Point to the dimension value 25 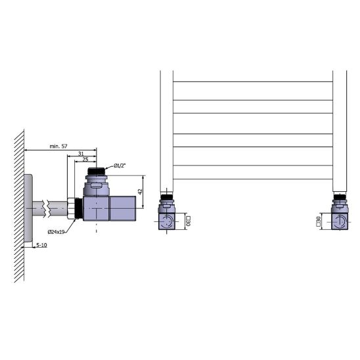(x=86, y=159)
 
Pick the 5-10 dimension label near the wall (x=41, y=244)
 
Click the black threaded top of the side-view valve (x=97, y=173)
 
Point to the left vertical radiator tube (x=167, y=131)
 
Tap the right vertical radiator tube (x=340, y=131)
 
